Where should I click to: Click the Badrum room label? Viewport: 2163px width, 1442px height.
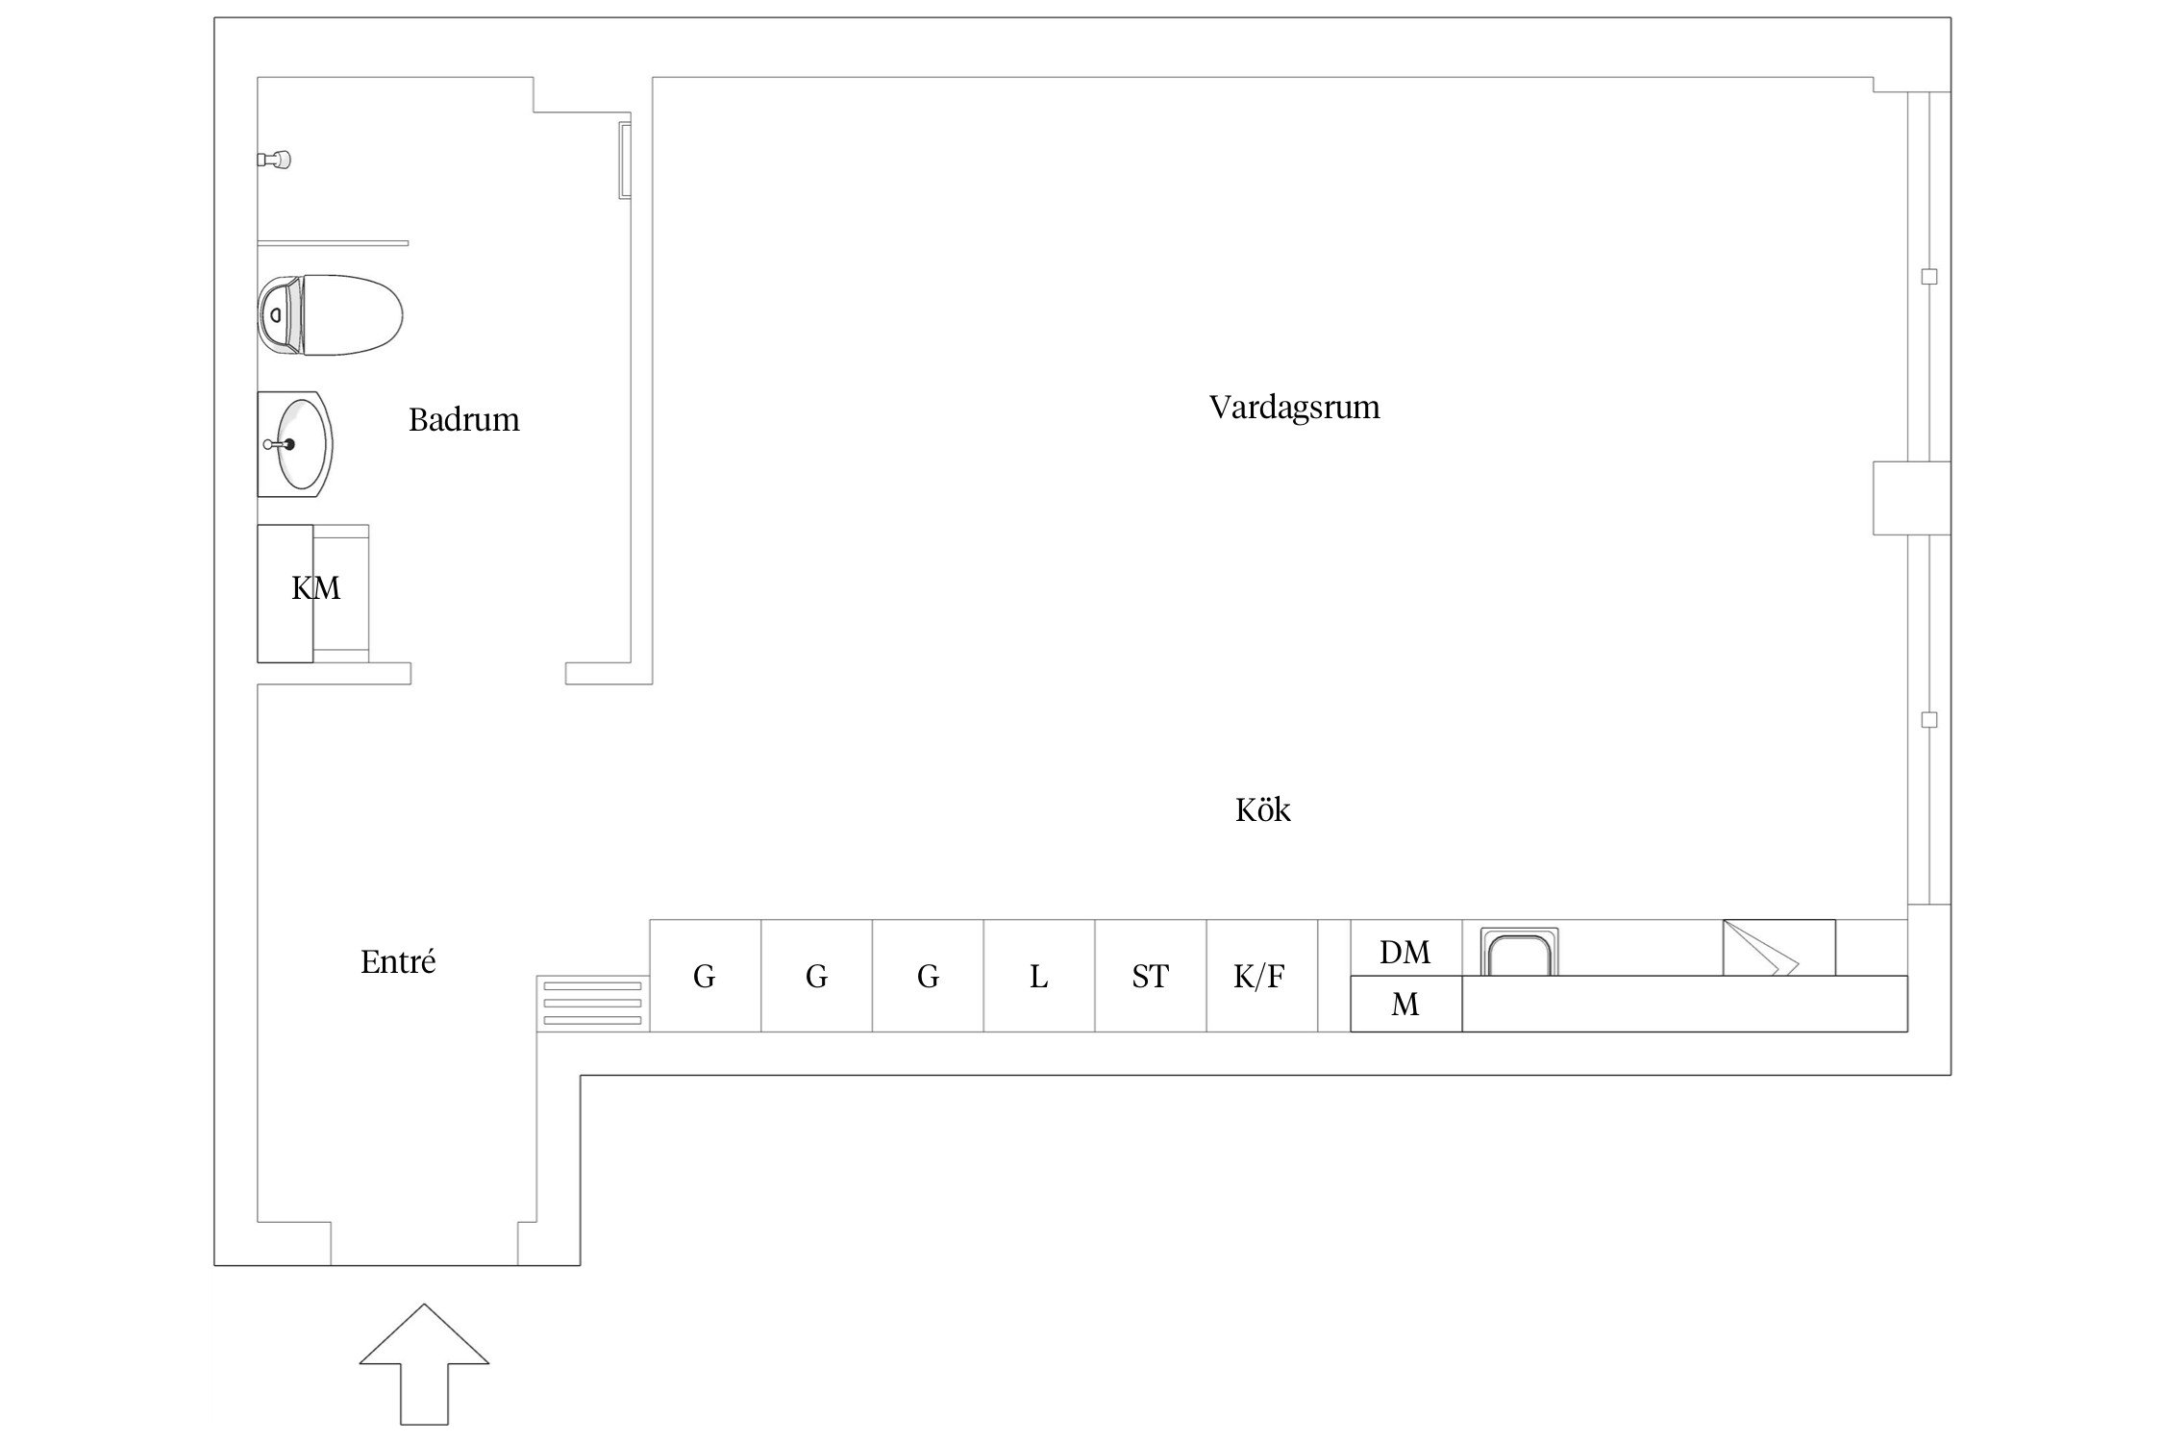coord(463,420)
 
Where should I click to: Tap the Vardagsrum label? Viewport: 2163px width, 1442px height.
coord(1294,408)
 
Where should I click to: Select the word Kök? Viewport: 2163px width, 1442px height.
coord(1262,809)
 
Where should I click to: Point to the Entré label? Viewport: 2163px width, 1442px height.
coord(398,961)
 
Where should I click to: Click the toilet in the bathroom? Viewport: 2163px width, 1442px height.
coord(329,315)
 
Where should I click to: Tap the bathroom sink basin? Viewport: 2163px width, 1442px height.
coord(295,444)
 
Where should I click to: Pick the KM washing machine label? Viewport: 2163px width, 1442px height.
coord(315,588)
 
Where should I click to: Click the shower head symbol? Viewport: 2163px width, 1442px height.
coord(275,160)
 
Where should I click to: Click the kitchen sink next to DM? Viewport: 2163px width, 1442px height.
coord(1519,952)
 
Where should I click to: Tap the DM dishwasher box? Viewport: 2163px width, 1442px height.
coord(1405,948)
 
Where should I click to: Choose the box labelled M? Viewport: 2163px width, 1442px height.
coord(1405,1004)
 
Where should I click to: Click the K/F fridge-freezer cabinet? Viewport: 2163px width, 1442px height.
coord(1261,976)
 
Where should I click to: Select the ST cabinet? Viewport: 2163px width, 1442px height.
coord(1150,976)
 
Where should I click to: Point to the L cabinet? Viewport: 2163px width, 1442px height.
coord(1038,976)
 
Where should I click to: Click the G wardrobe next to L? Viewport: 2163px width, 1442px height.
coord(928,976)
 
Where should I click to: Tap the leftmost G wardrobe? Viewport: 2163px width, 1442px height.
coord(705,976)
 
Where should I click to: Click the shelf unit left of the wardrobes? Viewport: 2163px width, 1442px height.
coord(592,1004)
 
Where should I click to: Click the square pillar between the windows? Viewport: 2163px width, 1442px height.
coord(1911,498)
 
